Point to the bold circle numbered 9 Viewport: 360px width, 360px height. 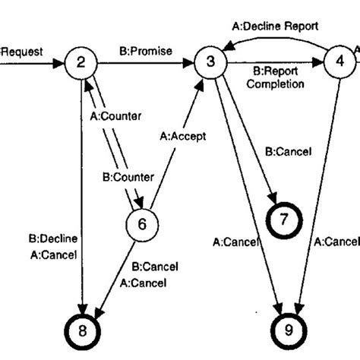click(287, 331)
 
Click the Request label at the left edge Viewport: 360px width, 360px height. click(22, 52)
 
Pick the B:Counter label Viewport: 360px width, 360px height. click(128, 177)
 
